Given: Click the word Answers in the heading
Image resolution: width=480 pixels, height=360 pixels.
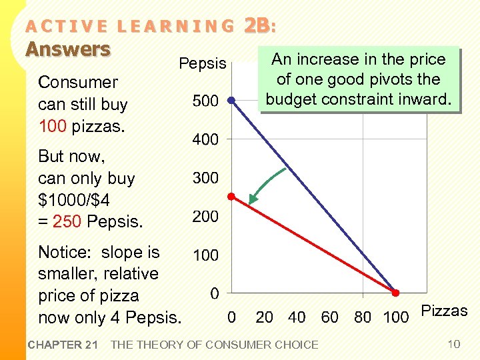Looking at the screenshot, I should coord(67,49).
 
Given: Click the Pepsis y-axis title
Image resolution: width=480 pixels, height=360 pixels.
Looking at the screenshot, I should coord(203,64).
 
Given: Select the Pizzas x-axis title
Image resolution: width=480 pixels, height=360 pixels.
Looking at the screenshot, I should coord(445,311).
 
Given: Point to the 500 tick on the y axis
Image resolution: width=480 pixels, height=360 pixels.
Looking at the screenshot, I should coord(205,101).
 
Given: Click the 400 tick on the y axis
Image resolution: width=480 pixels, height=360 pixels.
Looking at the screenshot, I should coord(205,140).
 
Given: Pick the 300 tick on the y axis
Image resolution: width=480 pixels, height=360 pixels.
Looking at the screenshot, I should coord(205,178).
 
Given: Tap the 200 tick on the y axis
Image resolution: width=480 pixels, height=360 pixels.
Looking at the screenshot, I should coord(205,217).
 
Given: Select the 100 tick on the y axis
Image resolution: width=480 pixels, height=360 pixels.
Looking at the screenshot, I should coord(205,255).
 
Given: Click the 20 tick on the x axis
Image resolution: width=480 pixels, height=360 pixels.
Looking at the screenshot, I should coord(265,317).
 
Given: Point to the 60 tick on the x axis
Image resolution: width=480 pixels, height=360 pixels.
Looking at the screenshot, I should coord(330,317).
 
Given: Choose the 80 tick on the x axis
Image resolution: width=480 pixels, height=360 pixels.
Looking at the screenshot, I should coord(363,317).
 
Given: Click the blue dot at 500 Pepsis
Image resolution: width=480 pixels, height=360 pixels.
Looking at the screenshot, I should coord(231,101).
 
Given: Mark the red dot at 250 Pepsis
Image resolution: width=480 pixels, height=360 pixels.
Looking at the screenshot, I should coord(231,197).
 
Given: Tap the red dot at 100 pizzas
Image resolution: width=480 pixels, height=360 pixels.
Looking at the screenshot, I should coord(395,293).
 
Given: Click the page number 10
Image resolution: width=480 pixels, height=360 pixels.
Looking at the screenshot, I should coord(454,344).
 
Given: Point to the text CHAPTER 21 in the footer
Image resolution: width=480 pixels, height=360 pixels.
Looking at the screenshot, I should coord(63,345).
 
